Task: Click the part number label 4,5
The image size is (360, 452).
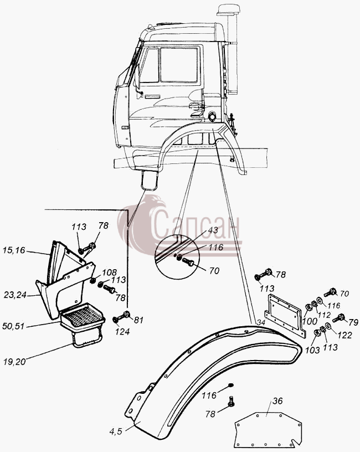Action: pos(116,432)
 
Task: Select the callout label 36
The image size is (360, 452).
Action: pos(277,401)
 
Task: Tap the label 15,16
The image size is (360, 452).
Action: pos(14,250)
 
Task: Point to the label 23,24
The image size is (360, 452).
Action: pos(15,295)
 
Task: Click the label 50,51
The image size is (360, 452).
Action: pos(13,326)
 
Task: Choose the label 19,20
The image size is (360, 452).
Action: pos(15,362)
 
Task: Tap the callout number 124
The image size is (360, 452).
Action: pos(122,332)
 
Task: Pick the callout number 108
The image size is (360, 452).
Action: pos(110,273)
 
